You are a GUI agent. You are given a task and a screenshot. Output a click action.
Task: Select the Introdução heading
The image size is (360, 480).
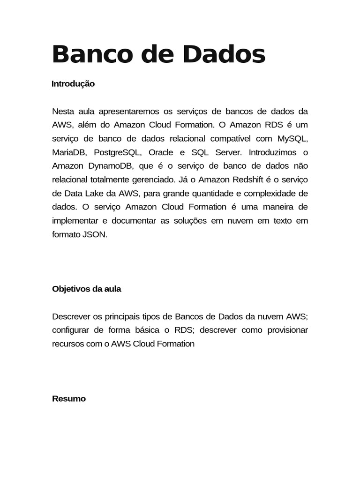click(x=73, y=84)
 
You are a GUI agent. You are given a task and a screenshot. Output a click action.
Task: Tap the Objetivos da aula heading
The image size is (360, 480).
click(x=86, y=289)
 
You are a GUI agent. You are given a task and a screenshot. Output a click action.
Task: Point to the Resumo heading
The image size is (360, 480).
click(x=69, y=398)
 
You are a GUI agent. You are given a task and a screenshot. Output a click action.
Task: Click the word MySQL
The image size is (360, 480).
click(x=292, y=139)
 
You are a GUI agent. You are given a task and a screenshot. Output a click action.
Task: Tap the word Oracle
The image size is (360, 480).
click(x=161, y=152)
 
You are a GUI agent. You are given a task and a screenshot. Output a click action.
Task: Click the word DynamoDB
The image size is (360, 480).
click(x=110, y=166)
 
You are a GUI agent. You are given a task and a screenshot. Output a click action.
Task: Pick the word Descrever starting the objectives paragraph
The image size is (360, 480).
click(x=72, y=316)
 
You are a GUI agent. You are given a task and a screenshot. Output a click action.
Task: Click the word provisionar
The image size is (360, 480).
click(x=288, y=330)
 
